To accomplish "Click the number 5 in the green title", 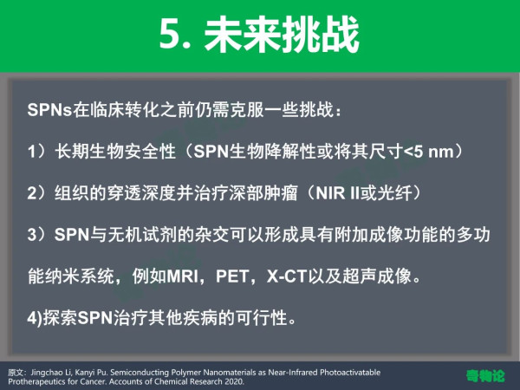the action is [x=170, y=35].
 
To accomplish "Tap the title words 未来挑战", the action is [x=282, y=35].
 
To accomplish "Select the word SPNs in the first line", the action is [x=49, y=109].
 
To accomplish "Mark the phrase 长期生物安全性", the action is [x=115, y=151].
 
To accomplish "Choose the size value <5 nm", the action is [x=428, y=151].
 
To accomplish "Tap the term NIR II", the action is [x=338, y=192].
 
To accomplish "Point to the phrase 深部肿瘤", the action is [x=263, y=192].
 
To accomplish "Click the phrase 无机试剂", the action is [x=143, y=235].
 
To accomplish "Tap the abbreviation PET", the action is [x=232, y=276].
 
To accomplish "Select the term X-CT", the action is [x=286, y=276].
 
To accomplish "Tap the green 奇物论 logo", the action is [x=485, y=376].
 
